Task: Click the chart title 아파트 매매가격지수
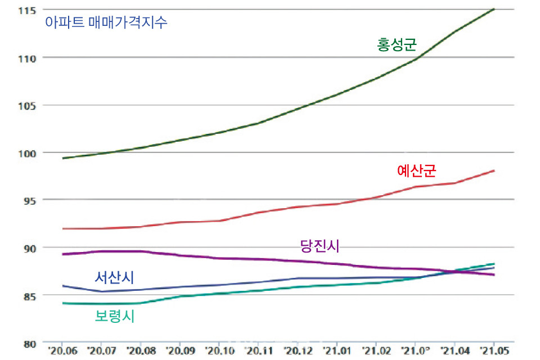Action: [107, 24]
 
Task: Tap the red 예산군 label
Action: [416, 170]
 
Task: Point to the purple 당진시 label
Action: [319, 246]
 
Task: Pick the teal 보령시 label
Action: [114, 316]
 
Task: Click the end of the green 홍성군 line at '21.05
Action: [494, 9]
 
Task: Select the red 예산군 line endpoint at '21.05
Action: [494, 170]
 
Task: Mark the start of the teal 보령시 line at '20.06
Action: [63, 303]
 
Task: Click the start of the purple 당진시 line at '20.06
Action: [63, 254]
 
